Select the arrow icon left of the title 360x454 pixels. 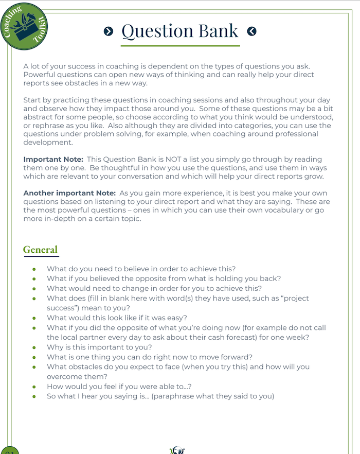(x=108, y=31)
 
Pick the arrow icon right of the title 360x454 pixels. (x=251, y=31)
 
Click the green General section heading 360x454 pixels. (x=40, y=250)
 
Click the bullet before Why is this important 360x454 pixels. (x=34, y=347)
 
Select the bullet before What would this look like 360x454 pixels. (x=34, y=318)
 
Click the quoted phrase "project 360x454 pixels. (x=293, y=298)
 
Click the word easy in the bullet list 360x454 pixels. (x=177, y=318)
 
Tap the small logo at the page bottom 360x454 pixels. (x=177, y=450)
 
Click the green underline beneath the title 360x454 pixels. (x=180, y=46)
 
